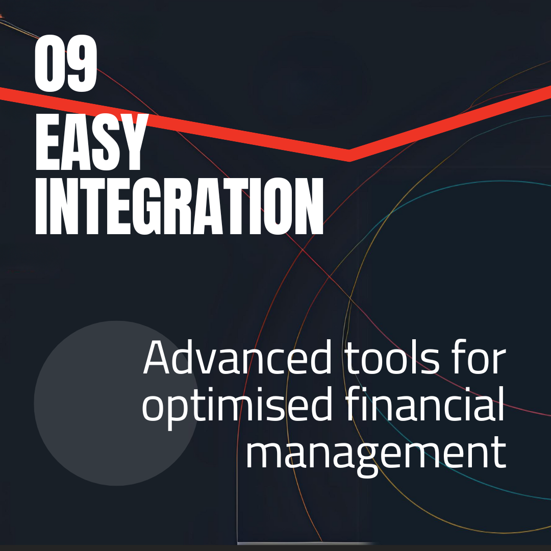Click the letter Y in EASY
(133, 141)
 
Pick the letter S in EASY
(105, 141)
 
